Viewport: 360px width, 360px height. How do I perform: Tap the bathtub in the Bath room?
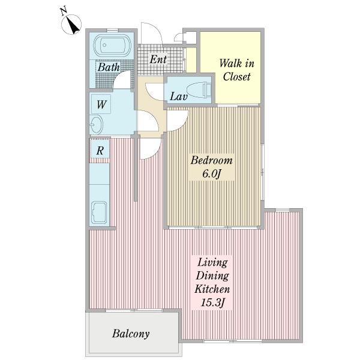point(112,46)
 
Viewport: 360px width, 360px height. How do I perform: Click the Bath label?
point(109,67)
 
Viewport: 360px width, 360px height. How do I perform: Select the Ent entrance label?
point(158,59)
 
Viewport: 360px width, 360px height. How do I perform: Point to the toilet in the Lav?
point(199,89)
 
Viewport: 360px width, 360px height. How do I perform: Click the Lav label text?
point(179,96)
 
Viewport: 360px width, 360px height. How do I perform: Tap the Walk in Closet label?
point(237,70)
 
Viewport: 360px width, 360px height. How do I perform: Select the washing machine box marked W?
point(101,104)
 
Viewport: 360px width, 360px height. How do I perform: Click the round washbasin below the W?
point(96,124)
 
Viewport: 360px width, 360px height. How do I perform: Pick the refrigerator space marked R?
point(100,151)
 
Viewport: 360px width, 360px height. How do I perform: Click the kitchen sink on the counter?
point(99,212)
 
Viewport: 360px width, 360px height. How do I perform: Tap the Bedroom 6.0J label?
point(211,167)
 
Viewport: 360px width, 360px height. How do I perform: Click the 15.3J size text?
point(212,302)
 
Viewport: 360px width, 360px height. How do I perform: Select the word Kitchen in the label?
point(212,289)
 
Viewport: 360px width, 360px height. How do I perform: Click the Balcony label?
point(131,334)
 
